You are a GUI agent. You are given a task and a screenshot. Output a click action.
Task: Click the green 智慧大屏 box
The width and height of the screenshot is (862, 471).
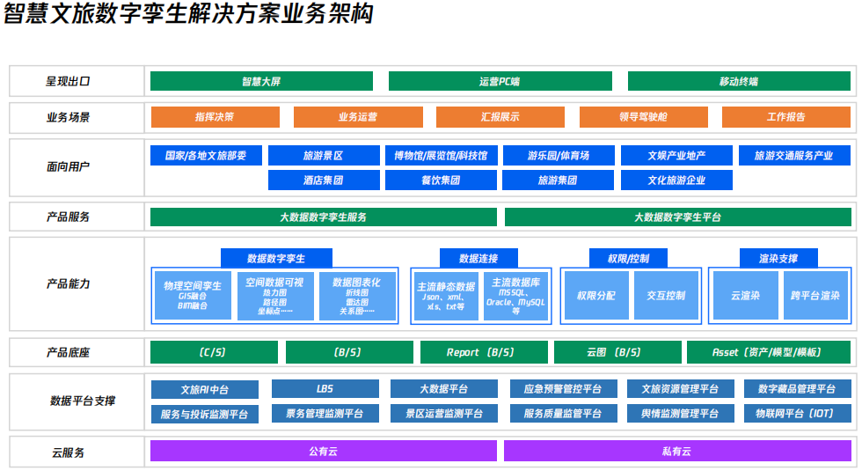pyautogui.click(x=261, y=81)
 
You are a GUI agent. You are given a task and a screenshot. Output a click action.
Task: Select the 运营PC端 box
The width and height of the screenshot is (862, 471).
pyautogui.click(x=499, y=81)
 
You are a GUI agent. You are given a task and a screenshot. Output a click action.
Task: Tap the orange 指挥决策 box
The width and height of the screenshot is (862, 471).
pyautogui.click(x=215, y=117)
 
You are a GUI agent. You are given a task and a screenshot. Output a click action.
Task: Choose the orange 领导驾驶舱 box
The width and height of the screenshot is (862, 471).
pyautogui.click(x=643, y=117)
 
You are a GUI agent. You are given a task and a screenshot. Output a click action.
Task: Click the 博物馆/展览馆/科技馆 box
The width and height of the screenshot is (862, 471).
pyautogui.click(x=441, y=156)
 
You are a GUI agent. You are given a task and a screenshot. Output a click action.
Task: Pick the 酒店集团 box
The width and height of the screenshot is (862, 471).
pyautogui.click(x=323, y=180)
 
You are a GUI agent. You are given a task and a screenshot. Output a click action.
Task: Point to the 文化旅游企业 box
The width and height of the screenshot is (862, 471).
pyautogui.click(x=676, y=180)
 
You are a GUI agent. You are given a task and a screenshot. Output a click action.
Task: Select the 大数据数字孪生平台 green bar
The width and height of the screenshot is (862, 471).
pyautogui.click(x=677, y=217)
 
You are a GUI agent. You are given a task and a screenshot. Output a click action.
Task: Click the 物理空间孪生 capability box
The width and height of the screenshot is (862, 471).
pyautogui.click(x=193, y=295)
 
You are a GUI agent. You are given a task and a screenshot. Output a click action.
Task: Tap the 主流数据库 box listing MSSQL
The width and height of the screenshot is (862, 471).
pyautogui.click(x=515, y=295)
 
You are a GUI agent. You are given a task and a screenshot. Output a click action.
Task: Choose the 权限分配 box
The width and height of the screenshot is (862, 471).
pyautogui.click(x=595, y=296)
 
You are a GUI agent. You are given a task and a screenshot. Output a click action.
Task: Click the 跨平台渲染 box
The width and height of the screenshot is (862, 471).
pyautogui.click(x=815, y=296)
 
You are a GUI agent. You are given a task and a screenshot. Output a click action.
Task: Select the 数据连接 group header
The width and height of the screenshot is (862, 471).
pyautogui.click(x=478, y=258)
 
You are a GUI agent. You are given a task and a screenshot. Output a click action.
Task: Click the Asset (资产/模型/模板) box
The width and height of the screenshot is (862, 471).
pyautogui.click(x=768, y=352)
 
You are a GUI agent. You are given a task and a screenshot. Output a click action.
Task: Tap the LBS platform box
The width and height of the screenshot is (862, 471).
pyautogui.click(x=325, y=389)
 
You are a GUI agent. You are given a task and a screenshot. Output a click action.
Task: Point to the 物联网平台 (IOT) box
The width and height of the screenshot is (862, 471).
pyautogui.click(x=797, y=413)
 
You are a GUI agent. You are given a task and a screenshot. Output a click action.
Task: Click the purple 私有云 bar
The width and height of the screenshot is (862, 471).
pyautogui.click(x=676, y=451)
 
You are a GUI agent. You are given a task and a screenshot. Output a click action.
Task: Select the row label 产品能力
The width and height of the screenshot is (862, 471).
pyautogui.click(x=69, y=284)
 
